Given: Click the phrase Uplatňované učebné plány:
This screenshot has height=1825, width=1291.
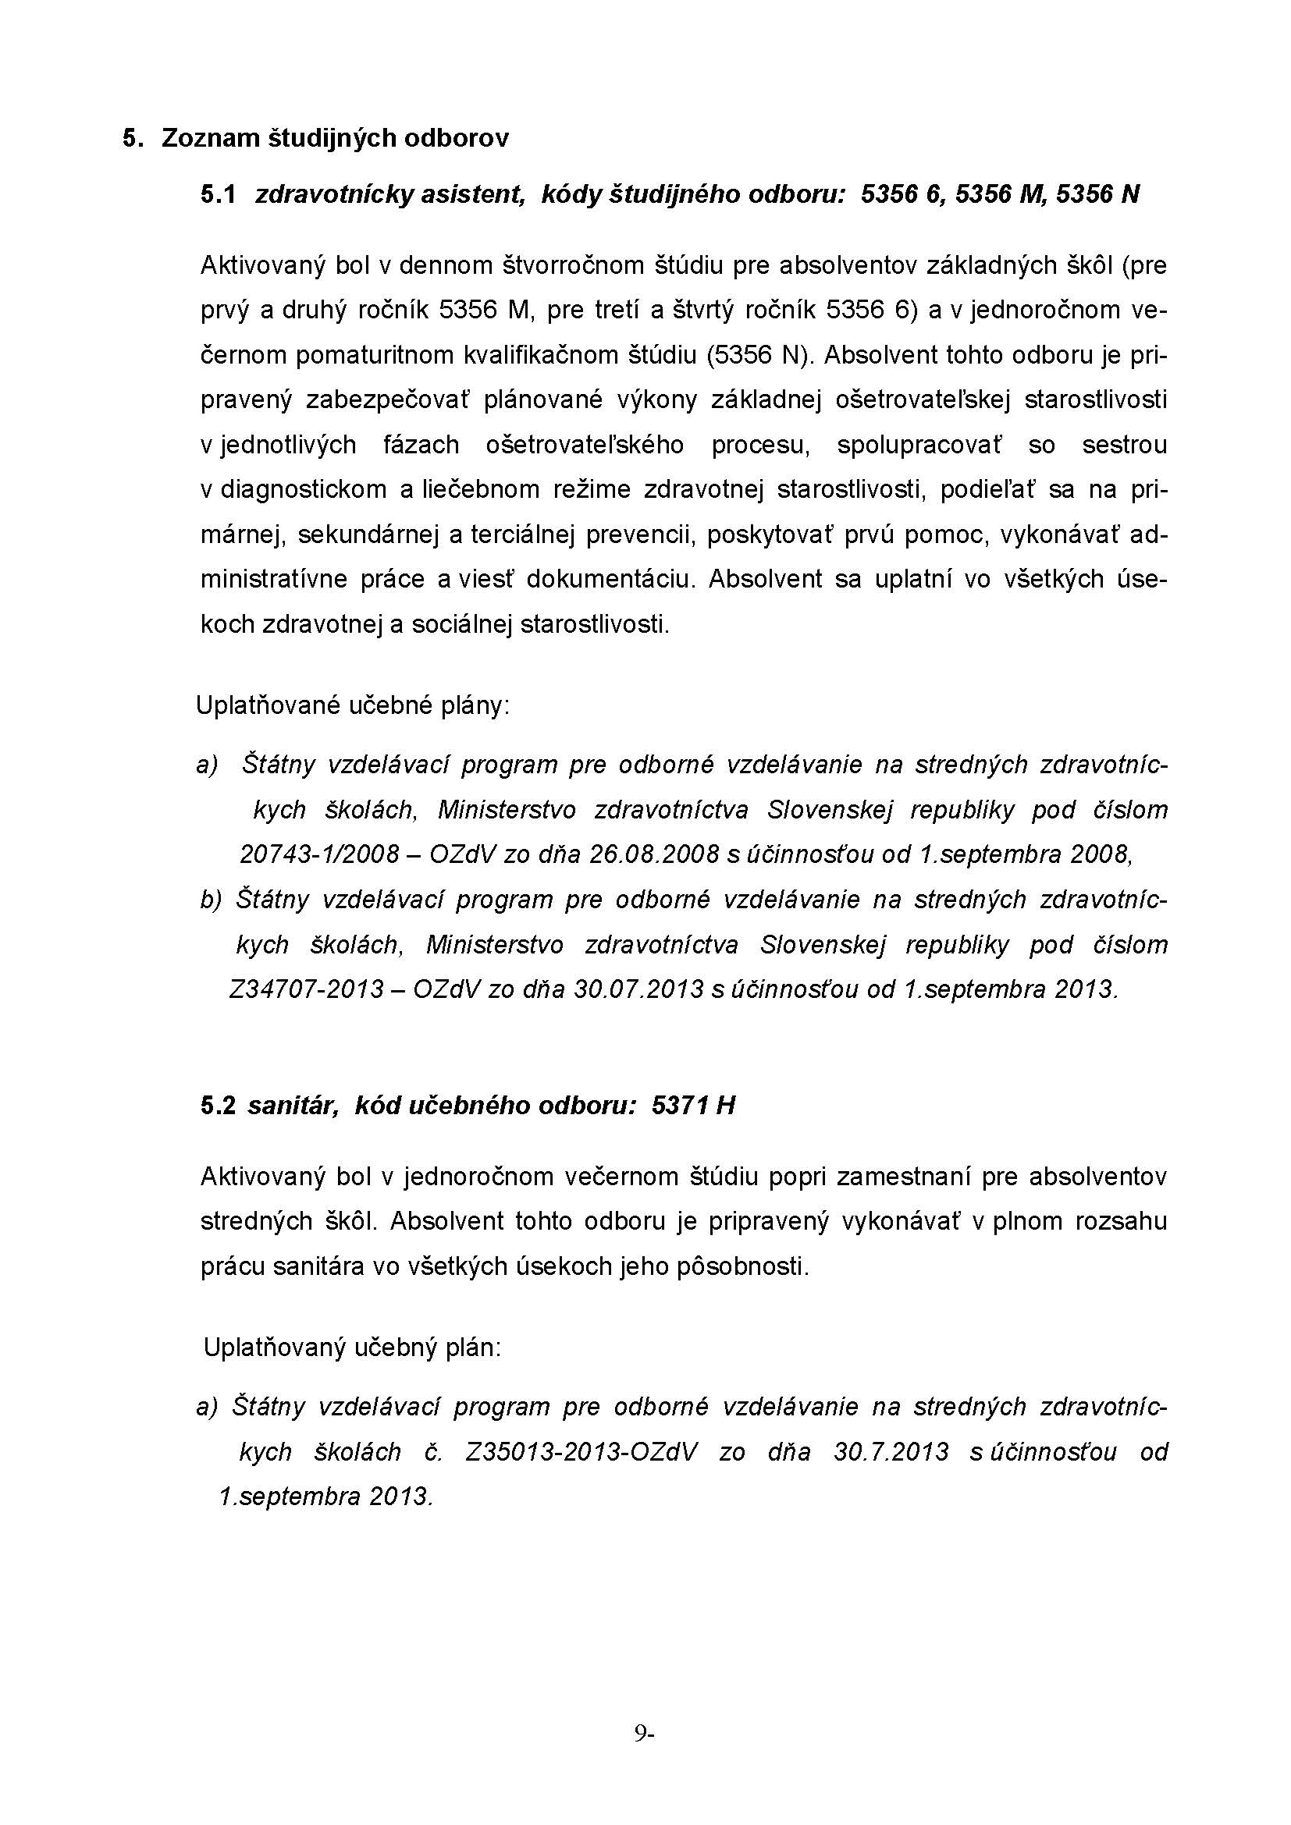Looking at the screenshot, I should click(x=353, y=705).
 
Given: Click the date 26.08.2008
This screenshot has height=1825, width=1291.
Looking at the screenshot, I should click(x=654, y=854).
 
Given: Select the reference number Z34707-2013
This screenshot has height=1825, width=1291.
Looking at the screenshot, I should click(x=306, y=989).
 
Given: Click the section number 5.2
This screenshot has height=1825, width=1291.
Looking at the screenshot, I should click(x=218, y=1106).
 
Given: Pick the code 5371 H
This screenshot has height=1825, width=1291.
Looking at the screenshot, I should click(x=692, y=1106).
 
